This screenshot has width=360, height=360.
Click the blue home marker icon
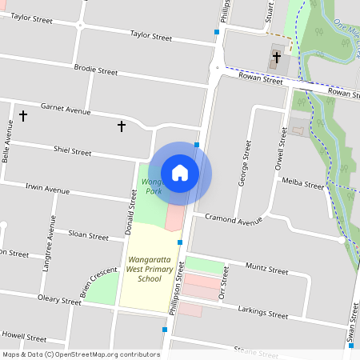point(180,173)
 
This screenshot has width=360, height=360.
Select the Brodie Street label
point(95,71)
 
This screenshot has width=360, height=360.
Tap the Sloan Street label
point(88,236)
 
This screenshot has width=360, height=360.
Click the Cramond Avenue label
point(234,219)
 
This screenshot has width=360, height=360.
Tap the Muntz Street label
point(266,270)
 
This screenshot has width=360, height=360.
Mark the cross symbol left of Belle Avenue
point(23,116)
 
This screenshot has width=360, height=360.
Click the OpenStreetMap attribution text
point(80,354)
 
